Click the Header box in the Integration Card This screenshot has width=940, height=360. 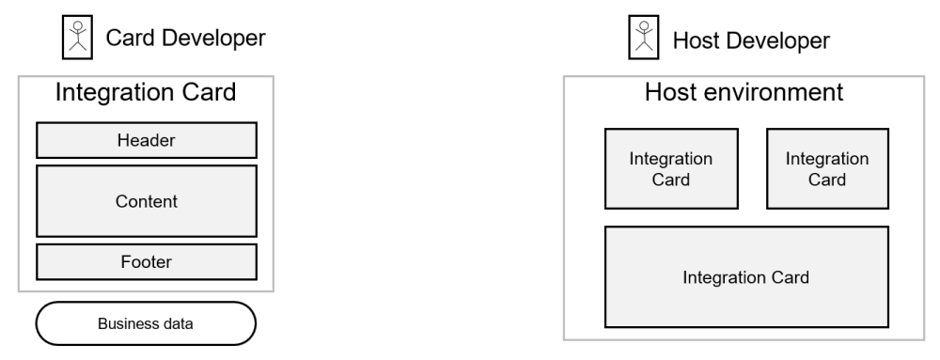coord(146,140)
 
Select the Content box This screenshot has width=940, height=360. coord(146,200)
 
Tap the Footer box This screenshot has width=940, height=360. coord(146,261)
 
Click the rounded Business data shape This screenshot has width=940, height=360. coord(146,324)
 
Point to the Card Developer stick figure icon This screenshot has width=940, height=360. coord(76,38)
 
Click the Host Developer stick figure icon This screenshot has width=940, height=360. coord(644,38)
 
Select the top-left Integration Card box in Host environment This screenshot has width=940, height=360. coord(670,168)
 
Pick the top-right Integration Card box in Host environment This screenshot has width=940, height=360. coord(827,168)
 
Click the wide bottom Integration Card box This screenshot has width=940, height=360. coord(746,277)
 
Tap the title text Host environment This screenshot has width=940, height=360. coord(744,93)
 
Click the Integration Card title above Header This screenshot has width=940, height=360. coord(146,93)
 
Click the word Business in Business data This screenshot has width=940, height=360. coord(127,325)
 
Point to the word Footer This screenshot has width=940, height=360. coord(146,261)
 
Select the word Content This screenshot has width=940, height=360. coord(146,200)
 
